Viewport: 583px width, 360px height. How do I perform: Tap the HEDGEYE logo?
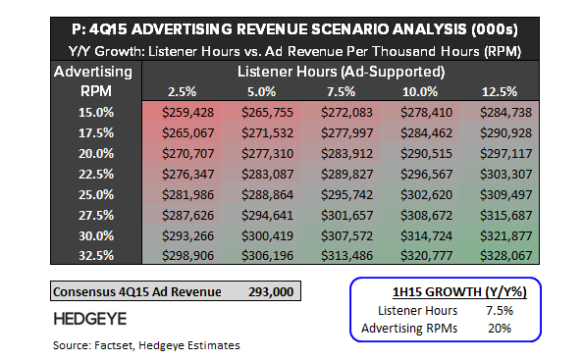click(89, 319)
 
